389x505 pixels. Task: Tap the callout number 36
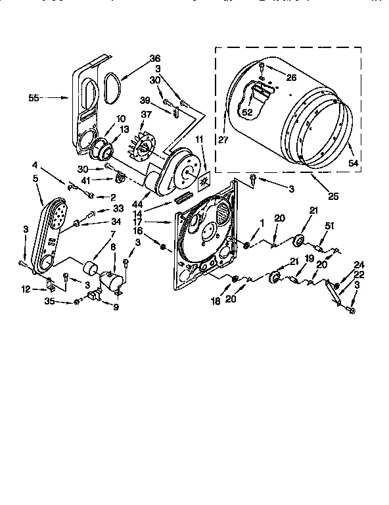[154, 59]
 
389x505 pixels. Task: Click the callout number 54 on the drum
[353, 162]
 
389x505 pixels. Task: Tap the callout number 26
[292, 77]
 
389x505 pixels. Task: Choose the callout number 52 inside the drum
[248, 112]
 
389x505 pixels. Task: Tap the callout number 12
[26, 288]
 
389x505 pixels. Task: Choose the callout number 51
[330, 227]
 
